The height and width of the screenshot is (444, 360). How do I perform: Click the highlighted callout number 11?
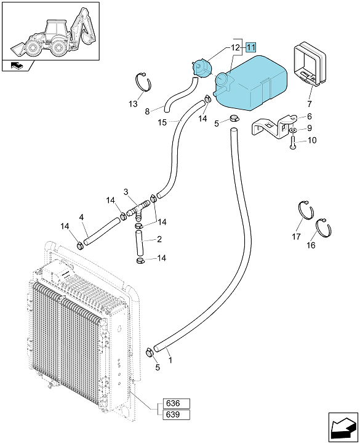click(x=251, y=47)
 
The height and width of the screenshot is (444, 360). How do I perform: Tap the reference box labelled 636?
click(x=177, y=403)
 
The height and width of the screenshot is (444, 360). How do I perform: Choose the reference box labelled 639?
click(x=177, y=414)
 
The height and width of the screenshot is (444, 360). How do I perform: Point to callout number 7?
click(x=310, y=104)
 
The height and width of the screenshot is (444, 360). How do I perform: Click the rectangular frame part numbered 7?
click(x=310, y=64)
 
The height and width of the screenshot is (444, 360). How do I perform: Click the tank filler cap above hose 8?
click(x=202, y=68)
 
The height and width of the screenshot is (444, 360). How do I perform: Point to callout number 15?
click(x=162, y=122)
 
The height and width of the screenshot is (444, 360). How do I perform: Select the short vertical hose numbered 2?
click(x=139, y=244)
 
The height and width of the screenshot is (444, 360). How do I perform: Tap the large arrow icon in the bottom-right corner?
click(x=343, y=427)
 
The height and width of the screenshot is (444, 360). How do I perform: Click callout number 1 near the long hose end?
click(x=170, y=360)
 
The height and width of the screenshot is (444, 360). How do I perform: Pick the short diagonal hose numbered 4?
click(x=102, y=231)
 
